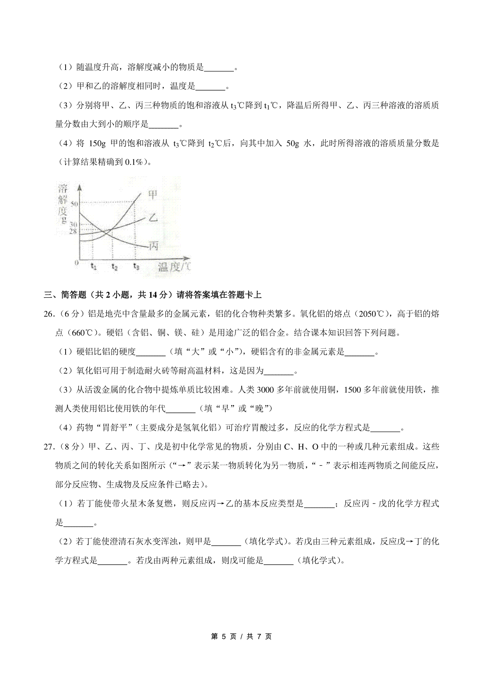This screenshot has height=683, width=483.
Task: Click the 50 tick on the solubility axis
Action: coord(74,204)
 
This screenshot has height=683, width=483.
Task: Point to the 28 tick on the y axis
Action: coord(72,231)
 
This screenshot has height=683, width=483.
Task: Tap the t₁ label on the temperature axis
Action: coord(93,266)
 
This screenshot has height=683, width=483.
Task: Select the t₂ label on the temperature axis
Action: coord(115,266)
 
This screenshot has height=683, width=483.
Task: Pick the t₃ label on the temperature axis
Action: coord(136,266)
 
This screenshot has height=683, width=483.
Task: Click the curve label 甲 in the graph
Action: coord(153,195)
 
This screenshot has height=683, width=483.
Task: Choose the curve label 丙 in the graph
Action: coord(153,246)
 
